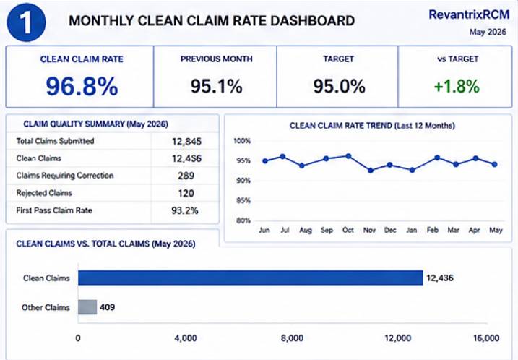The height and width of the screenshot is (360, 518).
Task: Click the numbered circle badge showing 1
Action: [x=26, y=22]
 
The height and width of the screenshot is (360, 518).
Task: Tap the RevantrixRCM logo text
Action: [x=469, y=15]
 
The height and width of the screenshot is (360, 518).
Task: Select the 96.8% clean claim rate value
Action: [x=82, y=86]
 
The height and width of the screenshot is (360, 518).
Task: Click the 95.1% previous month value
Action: [x=217, y=87]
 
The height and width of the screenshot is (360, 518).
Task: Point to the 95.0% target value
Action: [x=339, y=87]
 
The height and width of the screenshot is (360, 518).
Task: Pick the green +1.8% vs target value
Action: [x=457, y=87]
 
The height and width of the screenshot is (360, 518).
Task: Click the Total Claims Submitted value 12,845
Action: [x=186, y=142]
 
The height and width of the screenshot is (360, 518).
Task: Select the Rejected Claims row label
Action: [x=44, y=193]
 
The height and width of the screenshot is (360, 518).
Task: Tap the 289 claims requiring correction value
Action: [x=186, y=176]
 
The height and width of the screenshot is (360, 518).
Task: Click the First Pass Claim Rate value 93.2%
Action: [x=185, y=210]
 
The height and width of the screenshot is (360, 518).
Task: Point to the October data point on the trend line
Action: [x=348, y=156]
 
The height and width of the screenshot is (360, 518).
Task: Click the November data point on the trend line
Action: [x=371, y=171]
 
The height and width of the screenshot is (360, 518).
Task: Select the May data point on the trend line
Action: [x=495, y=164]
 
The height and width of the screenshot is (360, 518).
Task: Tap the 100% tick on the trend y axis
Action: [x=242, y=141]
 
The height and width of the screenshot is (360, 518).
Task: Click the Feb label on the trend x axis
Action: [x=433, y=230]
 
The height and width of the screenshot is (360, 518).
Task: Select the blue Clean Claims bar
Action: [x=251, y=278]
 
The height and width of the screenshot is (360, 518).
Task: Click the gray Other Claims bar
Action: [x=87, y=307]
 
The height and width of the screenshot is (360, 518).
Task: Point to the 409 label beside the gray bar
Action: [x=108, y=307]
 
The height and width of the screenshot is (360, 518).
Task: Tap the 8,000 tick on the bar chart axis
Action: [x=292, y=338]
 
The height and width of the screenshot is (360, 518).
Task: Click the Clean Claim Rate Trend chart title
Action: [x=372, y=126]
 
